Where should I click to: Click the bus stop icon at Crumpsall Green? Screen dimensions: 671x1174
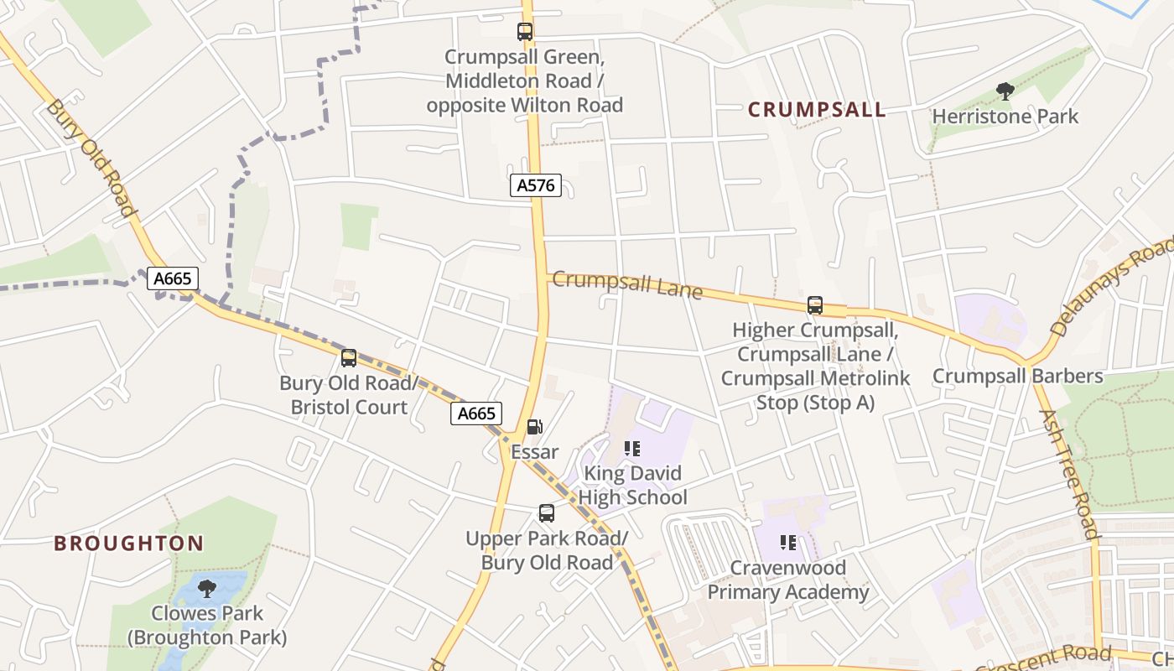[x=525, y=33]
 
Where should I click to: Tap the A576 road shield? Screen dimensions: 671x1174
[x=535, y=185]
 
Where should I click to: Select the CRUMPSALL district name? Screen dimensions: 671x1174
[x=816, y=110]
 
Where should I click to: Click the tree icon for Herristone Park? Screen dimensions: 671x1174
[x=1005, y=91]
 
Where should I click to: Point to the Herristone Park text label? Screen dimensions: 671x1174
[x=1005, y=116]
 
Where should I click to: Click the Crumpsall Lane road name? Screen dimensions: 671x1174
[x=626, y=283]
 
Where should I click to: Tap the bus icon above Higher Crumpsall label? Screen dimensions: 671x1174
[x=814, y=305]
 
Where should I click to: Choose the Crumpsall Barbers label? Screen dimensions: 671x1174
[x=1017, y=376]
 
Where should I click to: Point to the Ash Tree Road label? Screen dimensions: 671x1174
[x=1068, y=473]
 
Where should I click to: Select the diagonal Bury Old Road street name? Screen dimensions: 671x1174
[x=91, y=157]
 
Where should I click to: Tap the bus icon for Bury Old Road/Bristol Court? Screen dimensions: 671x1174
[x=349, y=358]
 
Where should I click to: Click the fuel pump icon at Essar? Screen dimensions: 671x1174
[x=534, y=428]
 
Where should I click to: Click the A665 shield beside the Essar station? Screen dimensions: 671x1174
[x=475, y=413]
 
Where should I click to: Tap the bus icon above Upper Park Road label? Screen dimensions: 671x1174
[x=547, y=513]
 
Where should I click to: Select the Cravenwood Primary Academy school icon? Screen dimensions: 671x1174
[x=787, y=543]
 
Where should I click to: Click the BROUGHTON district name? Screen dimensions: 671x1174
[x=128, y=544]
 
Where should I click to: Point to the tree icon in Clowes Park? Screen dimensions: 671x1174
[x=206, y=588]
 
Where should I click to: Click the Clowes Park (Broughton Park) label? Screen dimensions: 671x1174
[x=206, y=626]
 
